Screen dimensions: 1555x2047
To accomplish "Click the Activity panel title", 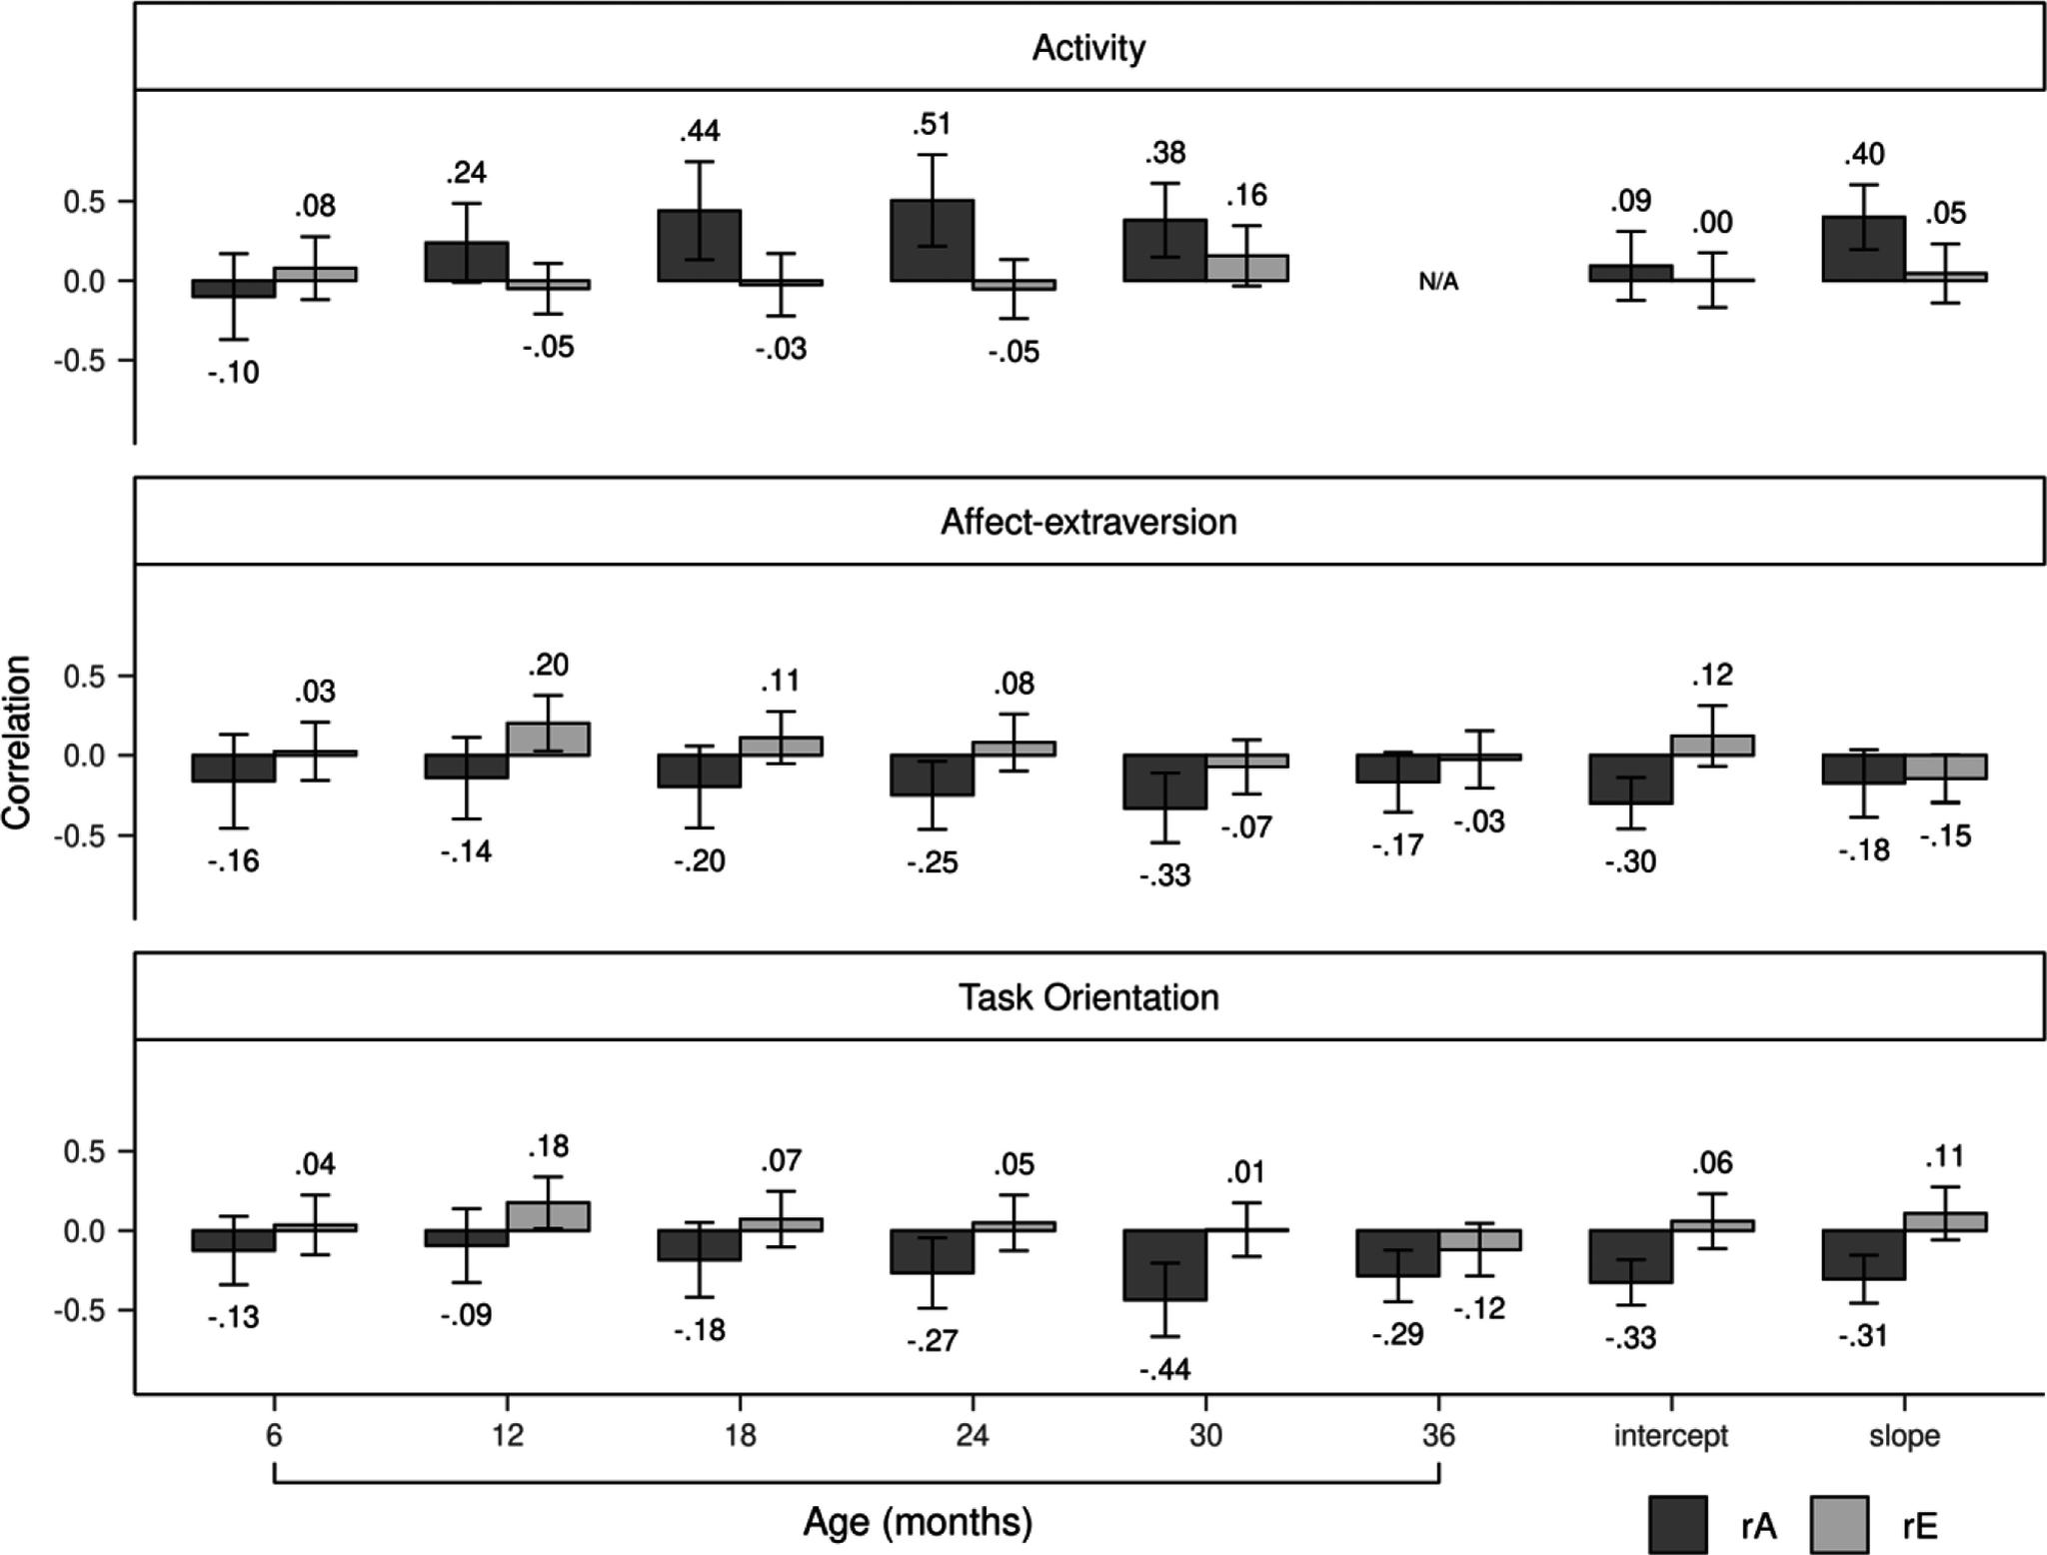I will (x=1087, y=48).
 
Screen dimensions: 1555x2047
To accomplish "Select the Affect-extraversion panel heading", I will (x=1087, y=522).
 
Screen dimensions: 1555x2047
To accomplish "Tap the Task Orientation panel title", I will (x=1087, y=997).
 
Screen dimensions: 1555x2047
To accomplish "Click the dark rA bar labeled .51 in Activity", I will (x=932, y=240).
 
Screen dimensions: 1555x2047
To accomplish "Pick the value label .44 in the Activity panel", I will (x=699, y=131).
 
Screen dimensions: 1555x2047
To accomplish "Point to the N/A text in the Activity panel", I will (x=1438, y=282).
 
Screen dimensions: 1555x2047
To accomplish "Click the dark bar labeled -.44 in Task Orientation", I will (x=1165, y=1264).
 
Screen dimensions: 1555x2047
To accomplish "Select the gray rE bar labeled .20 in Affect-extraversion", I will (x=548, y=739).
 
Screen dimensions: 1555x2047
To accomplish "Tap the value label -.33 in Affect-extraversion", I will (x=1165, y=876).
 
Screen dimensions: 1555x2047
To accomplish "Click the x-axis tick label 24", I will (x=972, y=1436).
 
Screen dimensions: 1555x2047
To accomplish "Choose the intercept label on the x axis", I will (x=1670, y=1436).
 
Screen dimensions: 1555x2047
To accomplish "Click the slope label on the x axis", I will (x=1904, y=1436).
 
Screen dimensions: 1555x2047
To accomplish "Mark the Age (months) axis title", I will (x=917, y=1522).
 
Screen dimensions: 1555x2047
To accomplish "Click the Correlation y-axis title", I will (x=18, y=742).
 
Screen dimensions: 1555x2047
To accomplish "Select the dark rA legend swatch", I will (x=1676, y=1524).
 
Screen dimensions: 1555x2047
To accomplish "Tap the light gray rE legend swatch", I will (x=1838, y=1524).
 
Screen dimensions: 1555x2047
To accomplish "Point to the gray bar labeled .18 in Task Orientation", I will (x=548, y=1215).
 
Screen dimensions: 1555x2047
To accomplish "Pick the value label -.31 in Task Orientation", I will (x=1863, y=1335).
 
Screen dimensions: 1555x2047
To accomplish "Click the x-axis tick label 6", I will (x=274, y=1436).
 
